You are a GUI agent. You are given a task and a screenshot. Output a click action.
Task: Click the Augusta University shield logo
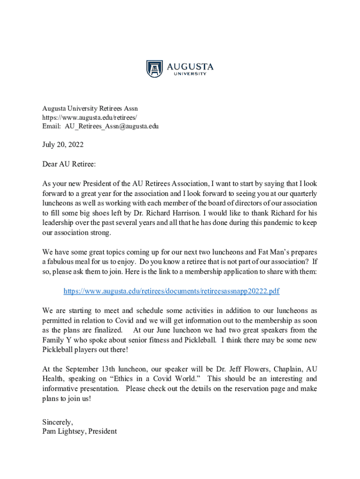click(155, 69)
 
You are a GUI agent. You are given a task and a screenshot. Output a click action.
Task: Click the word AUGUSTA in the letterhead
click(190, 66)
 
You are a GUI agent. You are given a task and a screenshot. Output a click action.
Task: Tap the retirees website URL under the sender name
click(90, 117)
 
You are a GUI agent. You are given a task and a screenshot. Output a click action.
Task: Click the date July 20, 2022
click(63, 145)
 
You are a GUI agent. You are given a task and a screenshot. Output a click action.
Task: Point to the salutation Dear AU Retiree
click(69, 164)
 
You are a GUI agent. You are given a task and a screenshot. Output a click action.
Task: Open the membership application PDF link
click(171, 291)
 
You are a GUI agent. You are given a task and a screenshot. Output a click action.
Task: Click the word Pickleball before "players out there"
click(59, 350)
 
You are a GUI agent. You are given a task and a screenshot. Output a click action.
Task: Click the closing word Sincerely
click(58, 422)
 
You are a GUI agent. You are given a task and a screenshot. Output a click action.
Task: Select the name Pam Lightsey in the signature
click(60, 431)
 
